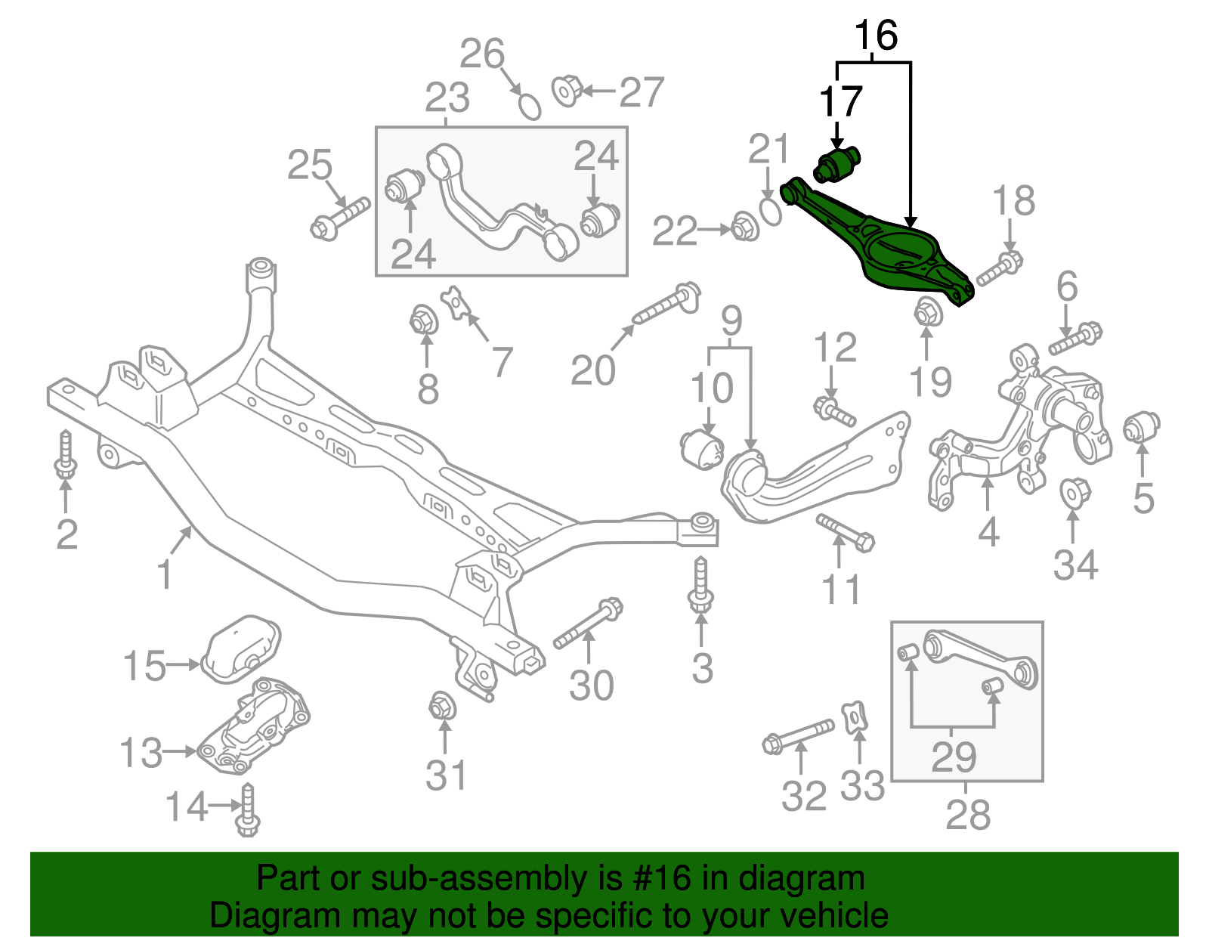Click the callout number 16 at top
(x=875, y=36)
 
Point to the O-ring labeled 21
(x=770, y=212)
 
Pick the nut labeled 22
(x=745, y=227)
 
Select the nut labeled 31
(x=441, y=706)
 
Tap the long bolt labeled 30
(x=587, y=624)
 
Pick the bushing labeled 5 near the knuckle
(x=1142, y=428)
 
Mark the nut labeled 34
(x=1074, y=493)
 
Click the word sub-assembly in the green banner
(x=453, y=879)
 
